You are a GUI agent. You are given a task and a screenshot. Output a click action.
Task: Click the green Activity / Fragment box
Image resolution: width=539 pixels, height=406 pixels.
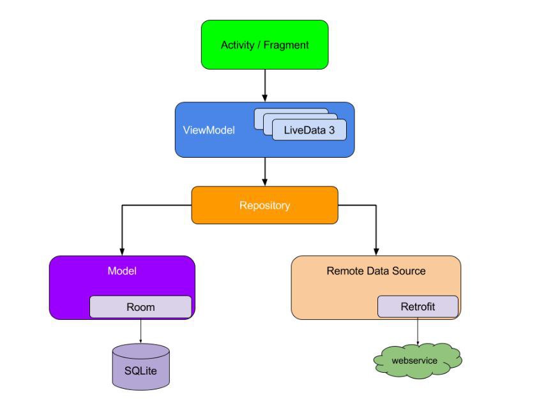(264, 45)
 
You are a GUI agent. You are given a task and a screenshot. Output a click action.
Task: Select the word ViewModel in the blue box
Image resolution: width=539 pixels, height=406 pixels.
(209, 130)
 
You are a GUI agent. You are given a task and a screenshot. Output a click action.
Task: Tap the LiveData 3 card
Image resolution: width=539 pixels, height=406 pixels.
(309, 130)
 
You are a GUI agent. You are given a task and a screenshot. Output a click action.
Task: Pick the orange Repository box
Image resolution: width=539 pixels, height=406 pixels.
(264, 205)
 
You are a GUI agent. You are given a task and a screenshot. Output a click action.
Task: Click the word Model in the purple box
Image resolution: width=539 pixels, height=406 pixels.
(122, 271)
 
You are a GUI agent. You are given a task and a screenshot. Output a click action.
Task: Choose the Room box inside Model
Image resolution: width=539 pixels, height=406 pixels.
(140, 306)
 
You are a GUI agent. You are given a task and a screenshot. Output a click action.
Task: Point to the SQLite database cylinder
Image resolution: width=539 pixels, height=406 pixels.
(141, 367)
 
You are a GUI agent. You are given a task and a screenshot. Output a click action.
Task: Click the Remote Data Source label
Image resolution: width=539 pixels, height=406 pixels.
(376, 271)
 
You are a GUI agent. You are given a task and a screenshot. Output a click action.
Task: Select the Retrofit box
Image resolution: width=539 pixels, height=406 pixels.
(418, 306)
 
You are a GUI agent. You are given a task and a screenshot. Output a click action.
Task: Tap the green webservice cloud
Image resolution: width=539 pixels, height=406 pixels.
(417, 361)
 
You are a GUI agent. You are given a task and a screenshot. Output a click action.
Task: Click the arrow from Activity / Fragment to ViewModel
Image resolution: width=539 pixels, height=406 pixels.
(264, 86)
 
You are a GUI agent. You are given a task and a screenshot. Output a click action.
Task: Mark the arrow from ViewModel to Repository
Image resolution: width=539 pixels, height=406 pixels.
(264, 172)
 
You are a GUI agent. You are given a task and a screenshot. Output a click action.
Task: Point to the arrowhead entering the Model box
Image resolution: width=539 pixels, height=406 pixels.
(122, 251)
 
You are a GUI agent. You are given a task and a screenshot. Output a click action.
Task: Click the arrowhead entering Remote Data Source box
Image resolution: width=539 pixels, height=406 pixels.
(376, 251)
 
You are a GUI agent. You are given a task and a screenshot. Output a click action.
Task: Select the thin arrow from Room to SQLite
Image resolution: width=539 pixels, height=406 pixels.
(140, 331)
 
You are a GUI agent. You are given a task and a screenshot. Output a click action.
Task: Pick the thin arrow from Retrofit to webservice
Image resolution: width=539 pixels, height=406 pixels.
(418, 331)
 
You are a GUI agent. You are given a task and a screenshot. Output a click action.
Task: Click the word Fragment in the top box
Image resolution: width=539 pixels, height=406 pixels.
(286, 45)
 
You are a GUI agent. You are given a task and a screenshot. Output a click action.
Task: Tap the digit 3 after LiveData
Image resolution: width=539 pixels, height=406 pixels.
(331, 130)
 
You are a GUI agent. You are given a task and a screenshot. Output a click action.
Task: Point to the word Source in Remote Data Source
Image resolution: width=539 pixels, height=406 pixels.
(409, 271)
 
